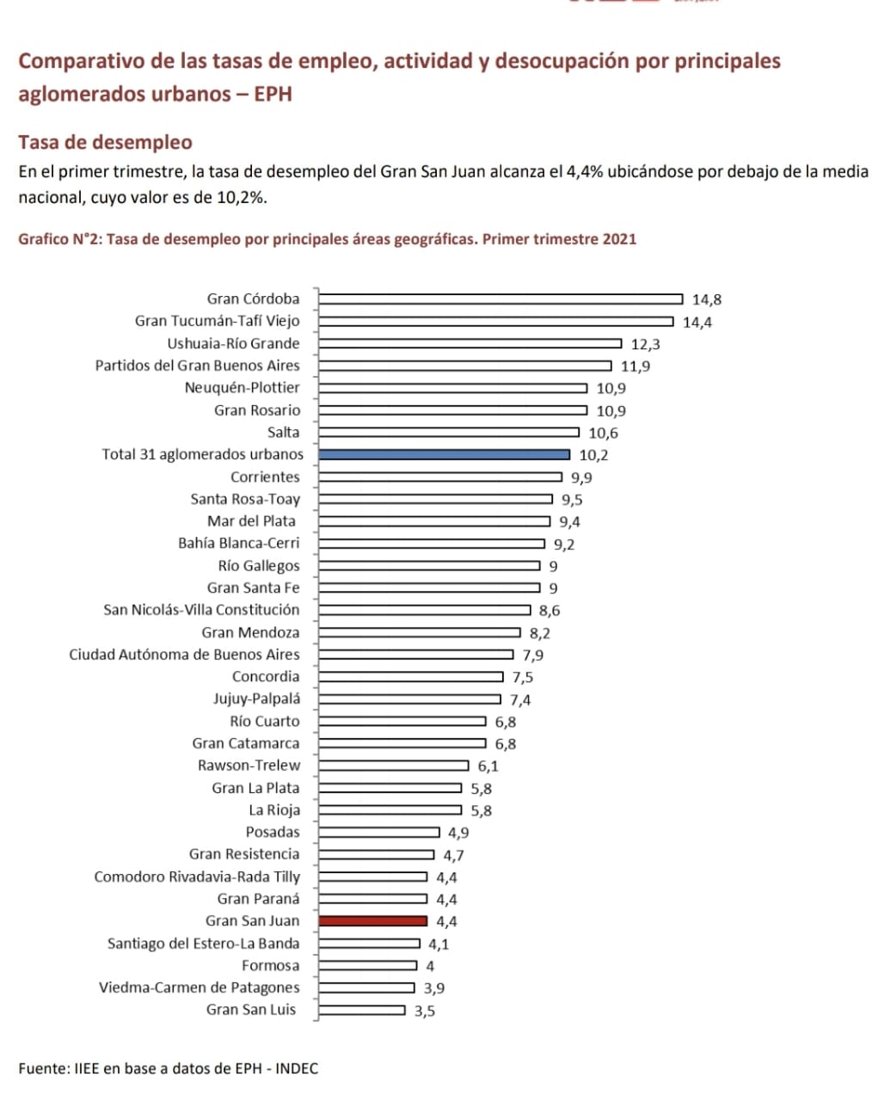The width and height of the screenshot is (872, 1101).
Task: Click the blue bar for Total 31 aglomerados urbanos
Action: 444,454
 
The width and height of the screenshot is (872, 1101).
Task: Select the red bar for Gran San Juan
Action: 372,920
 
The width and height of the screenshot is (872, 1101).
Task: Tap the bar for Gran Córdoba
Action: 500,299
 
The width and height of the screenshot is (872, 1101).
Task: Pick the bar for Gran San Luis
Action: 361,1010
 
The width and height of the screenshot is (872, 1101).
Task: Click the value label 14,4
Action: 697,323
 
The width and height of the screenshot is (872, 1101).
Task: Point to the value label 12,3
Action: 645,344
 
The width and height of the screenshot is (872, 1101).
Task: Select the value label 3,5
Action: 425,1011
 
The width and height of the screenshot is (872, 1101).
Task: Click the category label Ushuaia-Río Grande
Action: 233,343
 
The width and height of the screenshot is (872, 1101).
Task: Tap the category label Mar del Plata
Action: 251,521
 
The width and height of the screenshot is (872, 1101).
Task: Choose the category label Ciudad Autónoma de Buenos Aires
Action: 184,655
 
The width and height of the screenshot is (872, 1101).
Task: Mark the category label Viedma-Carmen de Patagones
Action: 199,987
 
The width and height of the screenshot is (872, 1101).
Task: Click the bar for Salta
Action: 448,432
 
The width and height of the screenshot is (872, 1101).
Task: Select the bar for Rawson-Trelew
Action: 393,766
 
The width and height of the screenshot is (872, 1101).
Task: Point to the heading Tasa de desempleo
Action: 105,142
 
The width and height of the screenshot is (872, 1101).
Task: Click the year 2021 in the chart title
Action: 619,238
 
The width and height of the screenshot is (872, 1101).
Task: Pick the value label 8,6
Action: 550,611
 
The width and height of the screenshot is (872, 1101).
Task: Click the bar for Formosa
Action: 367,965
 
